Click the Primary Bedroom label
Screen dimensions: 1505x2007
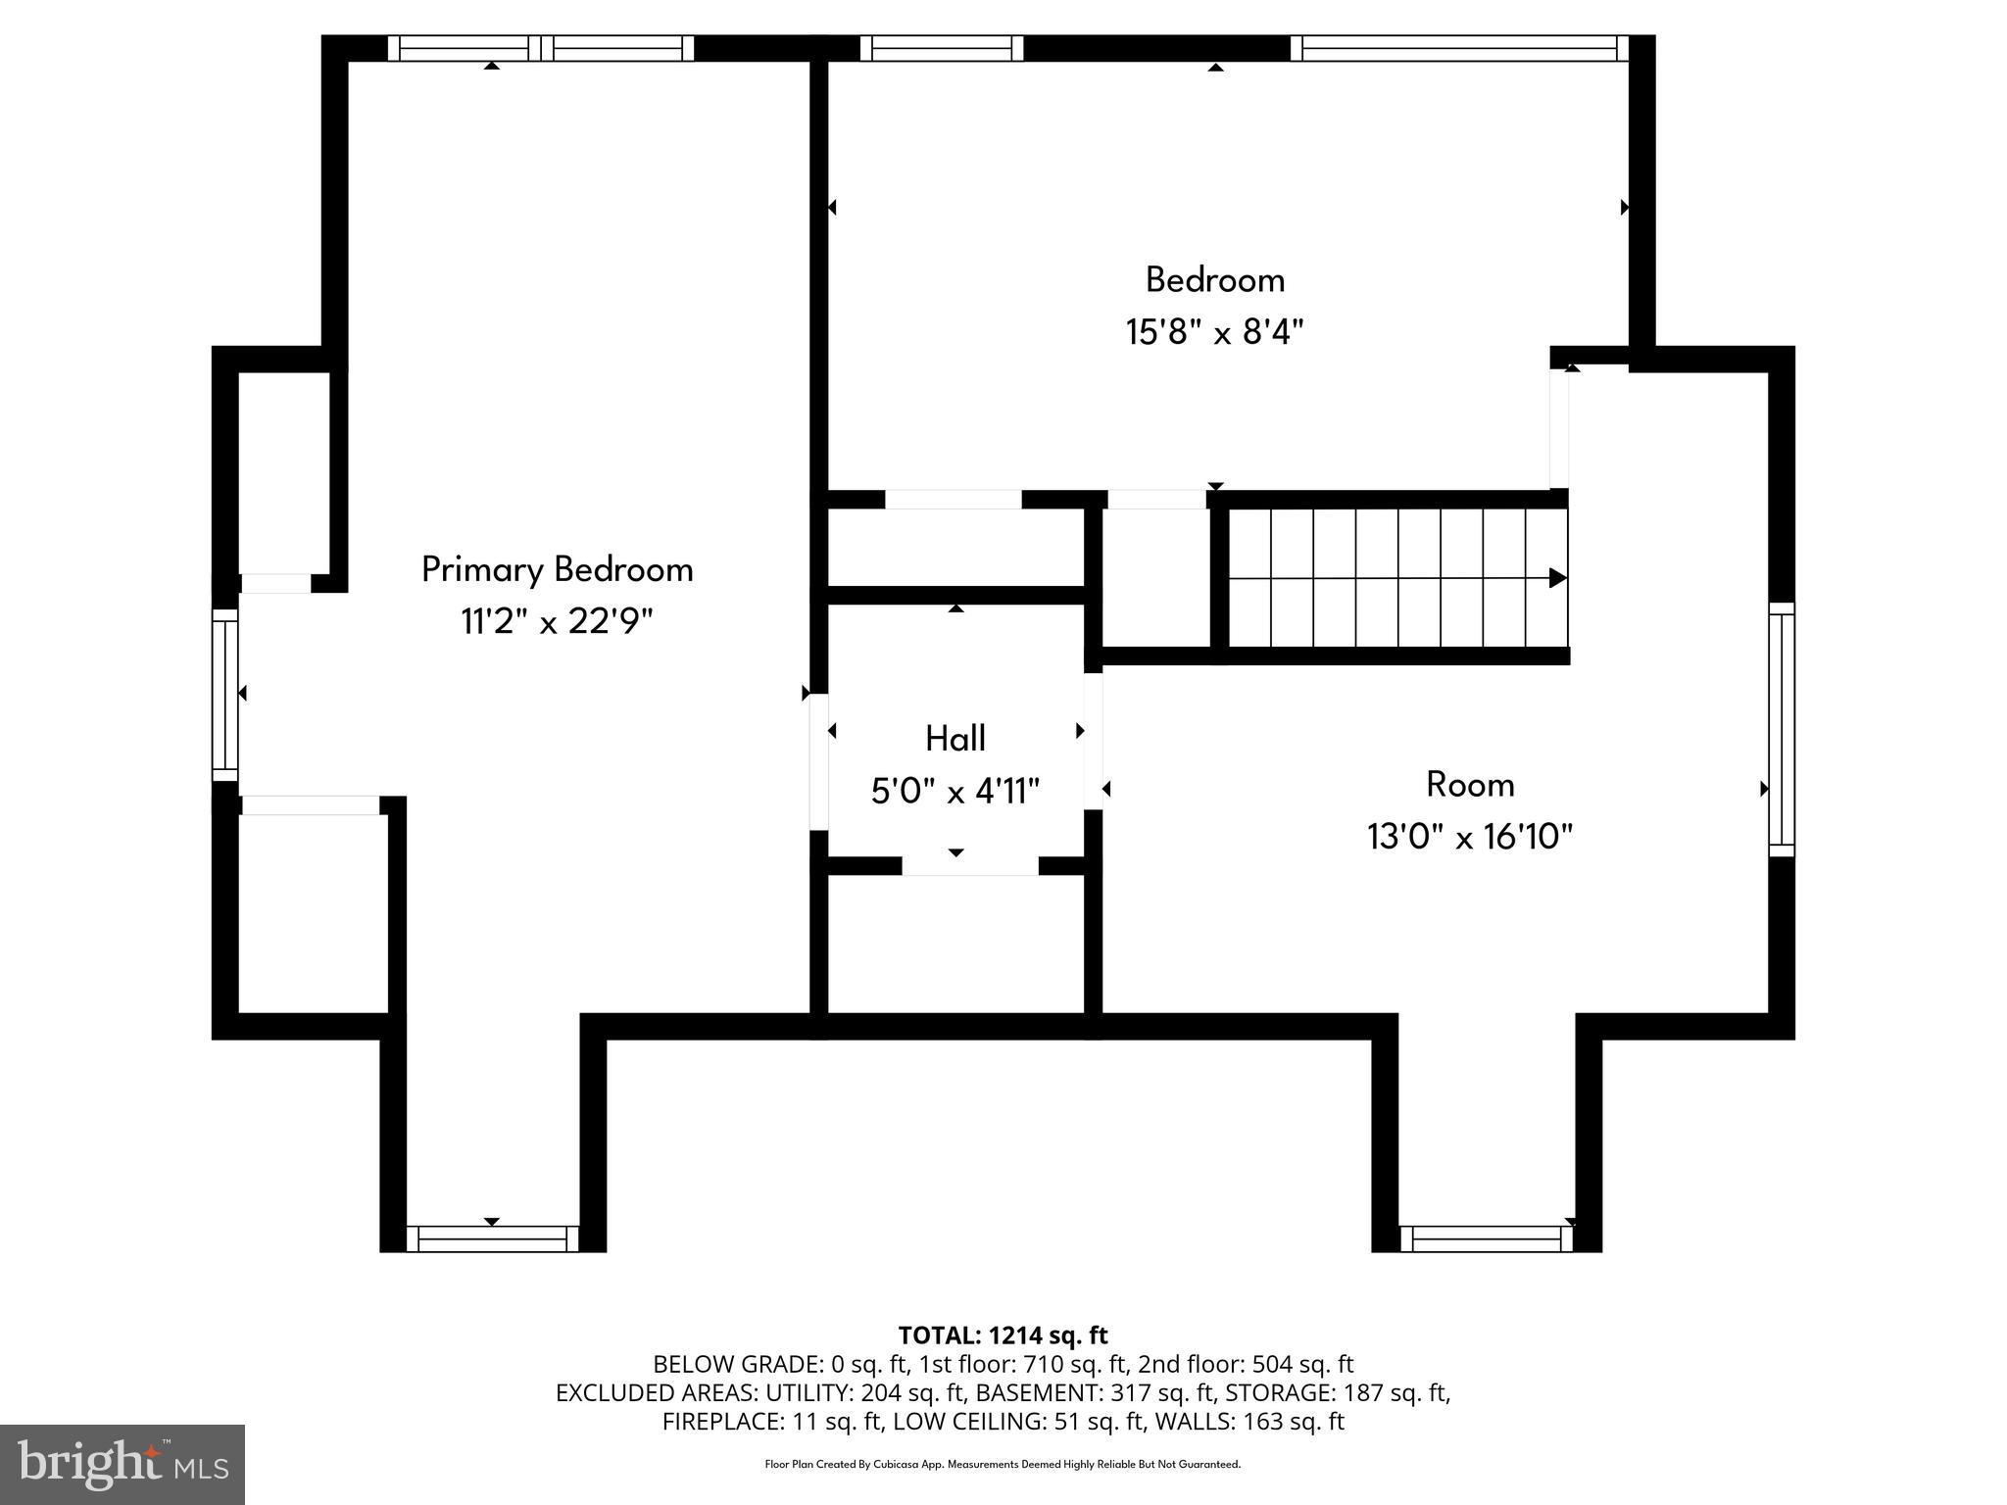557,569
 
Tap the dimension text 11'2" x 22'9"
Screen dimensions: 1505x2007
557,621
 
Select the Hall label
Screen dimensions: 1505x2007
955,739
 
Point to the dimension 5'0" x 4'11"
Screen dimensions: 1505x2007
955,791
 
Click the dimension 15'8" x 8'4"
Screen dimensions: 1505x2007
1215,332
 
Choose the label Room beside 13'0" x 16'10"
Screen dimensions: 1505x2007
1470,785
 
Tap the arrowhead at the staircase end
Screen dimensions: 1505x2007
1557,578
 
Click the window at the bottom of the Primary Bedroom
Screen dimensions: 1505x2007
492,1238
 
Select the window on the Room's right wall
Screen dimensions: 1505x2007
1782,730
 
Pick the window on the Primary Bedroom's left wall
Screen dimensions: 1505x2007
225,696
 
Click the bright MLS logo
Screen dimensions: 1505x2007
122,1464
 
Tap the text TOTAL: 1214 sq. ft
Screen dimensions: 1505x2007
1003,1335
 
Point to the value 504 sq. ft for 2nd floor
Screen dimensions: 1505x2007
1302,1364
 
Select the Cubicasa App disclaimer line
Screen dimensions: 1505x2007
1003,1465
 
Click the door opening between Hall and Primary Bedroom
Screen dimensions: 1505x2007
818,761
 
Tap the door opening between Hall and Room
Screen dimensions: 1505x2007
1093,740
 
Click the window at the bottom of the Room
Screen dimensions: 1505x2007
1487,1238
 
